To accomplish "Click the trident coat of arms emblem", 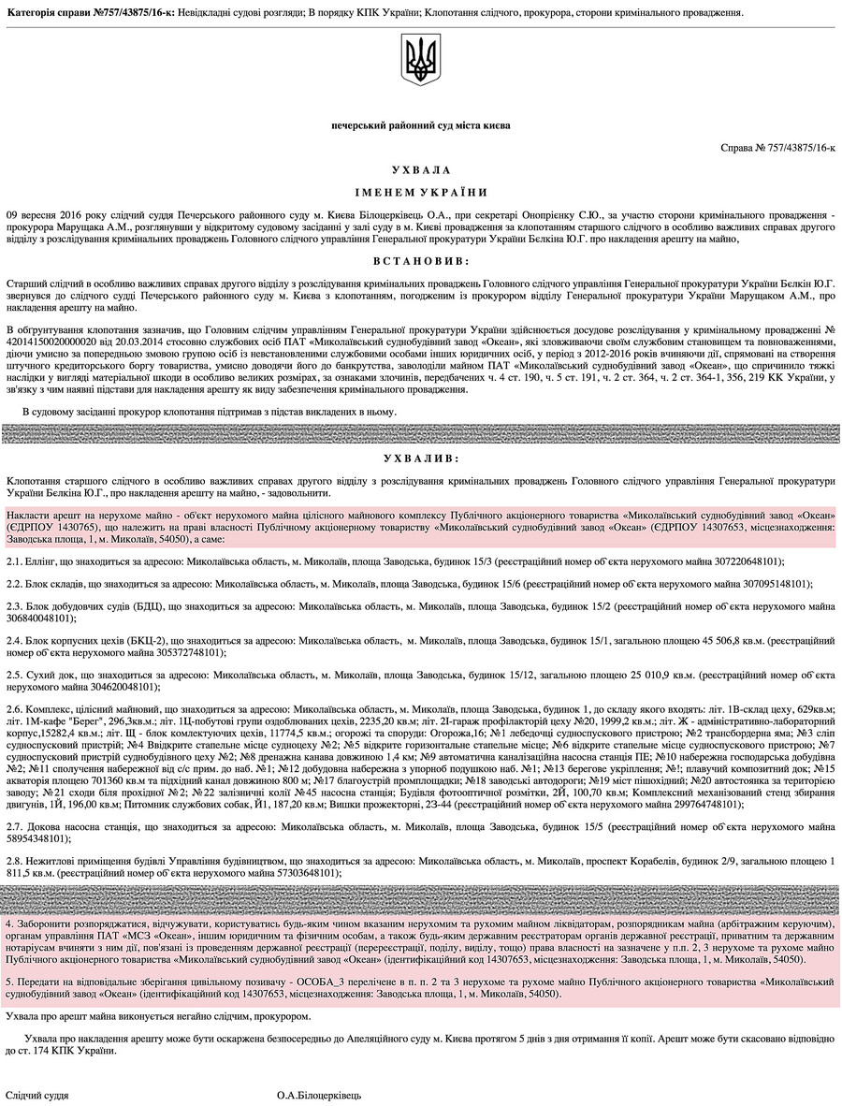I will [420, 59].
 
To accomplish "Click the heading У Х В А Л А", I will [420, 170].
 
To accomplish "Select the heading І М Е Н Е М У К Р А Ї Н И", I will [420, 193].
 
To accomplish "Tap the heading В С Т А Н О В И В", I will [420, 259].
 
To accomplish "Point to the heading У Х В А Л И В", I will [420, 458].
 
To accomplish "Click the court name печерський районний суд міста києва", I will [420, 125].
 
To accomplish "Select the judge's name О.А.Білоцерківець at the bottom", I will [319, 1095].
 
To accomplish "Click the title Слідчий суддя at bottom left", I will [37, 1095].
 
